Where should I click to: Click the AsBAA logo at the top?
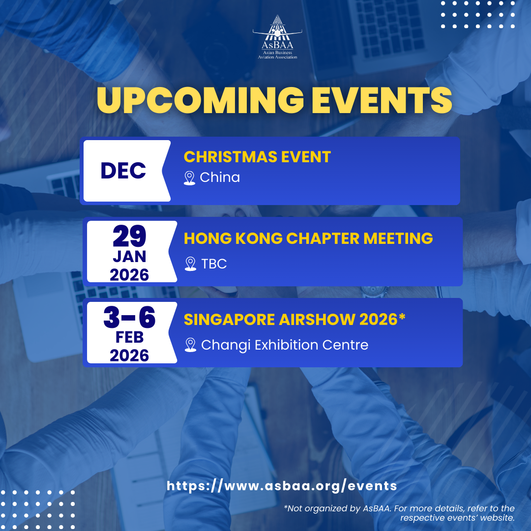277,37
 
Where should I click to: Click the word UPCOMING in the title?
201,100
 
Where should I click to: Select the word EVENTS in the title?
382,100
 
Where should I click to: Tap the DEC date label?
123,170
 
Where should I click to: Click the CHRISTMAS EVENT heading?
257,157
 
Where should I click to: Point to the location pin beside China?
189,178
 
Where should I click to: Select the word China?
220,177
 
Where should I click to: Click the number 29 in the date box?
129,236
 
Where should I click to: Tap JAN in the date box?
129,257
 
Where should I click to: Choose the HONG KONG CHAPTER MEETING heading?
308,238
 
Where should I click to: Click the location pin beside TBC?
191,264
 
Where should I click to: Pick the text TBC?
214,264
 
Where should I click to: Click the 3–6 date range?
129,317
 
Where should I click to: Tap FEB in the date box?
129,337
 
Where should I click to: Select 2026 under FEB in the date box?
129,355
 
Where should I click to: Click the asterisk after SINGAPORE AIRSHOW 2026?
402,317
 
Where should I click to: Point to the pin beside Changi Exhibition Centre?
191,345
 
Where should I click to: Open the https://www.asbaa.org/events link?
282,486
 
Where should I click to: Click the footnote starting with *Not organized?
399,513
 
